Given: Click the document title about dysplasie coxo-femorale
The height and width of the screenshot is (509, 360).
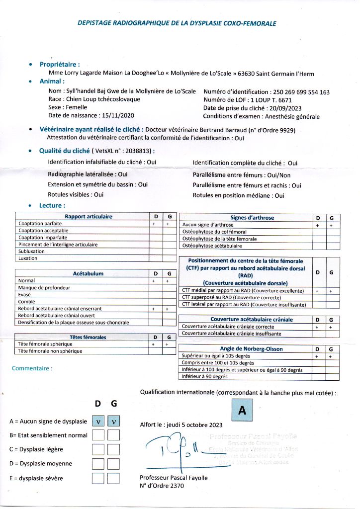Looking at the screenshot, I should pos(177,23).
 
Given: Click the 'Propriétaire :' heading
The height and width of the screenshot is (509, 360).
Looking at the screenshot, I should pos(60,64).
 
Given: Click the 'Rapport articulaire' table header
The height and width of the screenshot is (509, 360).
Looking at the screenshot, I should pos(89,217).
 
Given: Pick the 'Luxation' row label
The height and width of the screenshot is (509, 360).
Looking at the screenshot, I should pos(28,258).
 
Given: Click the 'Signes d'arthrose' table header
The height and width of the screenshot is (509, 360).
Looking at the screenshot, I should pos(252,218).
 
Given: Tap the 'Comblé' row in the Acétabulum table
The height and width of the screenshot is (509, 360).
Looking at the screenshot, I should pos(26,302).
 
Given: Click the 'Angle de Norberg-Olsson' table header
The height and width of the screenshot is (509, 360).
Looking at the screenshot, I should pos(251,349).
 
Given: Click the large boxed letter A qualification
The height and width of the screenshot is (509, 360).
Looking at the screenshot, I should pos(243,411).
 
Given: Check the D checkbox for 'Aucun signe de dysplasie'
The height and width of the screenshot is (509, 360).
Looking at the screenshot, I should pos(98,421).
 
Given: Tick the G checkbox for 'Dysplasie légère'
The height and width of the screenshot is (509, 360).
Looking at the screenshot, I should pos(114,449).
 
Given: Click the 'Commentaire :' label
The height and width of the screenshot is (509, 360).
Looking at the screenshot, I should pos(32,368).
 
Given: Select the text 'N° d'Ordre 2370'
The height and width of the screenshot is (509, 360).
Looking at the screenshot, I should pos(162,486).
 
